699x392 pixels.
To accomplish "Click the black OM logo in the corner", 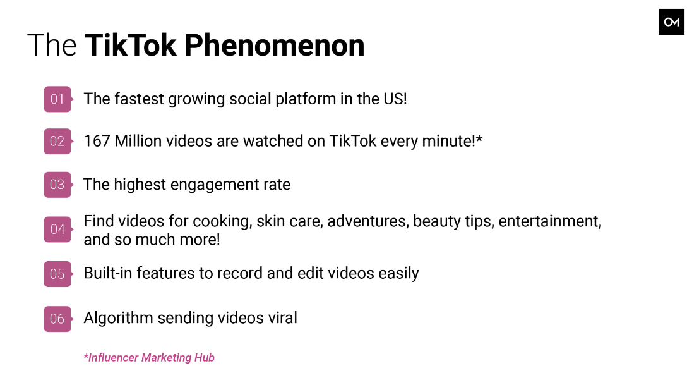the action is click(x=671, y=22).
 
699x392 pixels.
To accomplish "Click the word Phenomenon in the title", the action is click(x=274, y=45).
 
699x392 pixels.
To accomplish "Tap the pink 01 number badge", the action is click(x=57, y=99).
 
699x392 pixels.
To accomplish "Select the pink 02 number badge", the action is click(x=57, y=142).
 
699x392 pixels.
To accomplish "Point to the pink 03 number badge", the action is click(x=57, y=185).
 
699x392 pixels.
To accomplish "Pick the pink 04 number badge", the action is click(x=57, y=230).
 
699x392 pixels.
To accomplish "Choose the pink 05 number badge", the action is click(x=57, y=274).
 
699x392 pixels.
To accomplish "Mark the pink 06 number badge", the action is click(x=57, y=319).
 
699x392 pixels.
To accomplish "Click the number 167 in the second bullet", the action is click(x=97, y=141).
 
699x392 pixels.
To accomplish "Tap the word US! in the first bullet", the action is click(x=395, y=99).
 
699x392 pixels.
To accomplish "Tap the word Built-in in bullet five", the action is click(x=108, y=273).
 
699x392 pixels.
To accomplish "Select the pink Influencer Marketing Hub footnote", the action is click(x=150, y=358).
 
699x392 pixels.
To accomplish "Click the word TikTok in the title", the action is click(x=131, y=45).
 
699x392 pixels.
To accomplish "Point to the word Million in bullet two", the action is click(x=138, y=141).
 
